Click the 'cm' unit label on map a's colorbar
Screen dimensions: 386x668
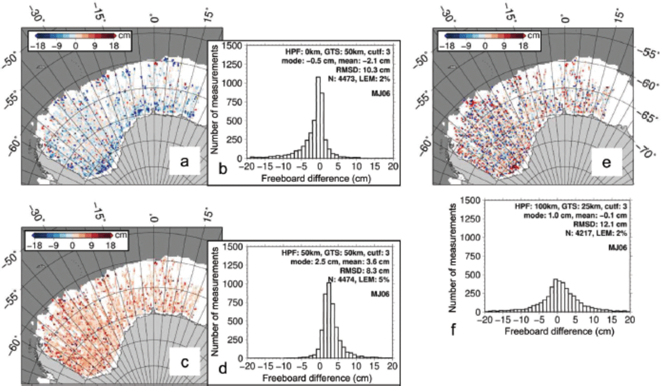click(x=124, y=35)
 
